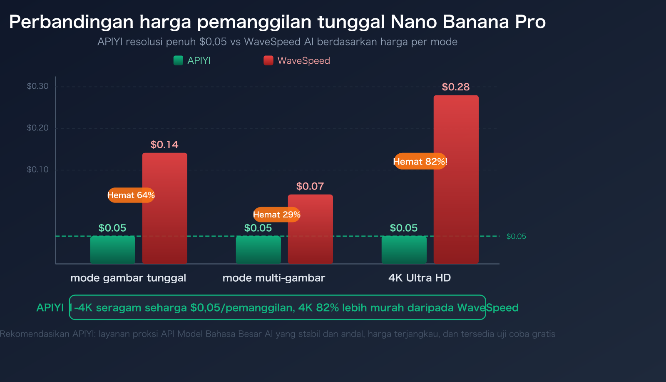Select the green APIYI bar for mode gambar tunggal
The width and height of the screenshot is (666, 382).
112,250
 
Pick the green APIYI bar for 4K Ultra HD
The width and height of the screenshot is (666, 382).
404,250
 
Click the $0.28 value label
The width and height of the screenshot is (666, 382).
455,87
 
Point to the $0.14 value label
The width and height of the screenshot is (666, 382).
164,145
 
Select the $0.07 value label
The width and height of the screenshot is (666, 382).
310,186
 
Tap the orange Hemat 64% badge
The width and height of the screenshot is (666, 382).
131,195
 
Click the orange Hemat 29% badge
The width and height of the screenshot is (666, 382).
276,215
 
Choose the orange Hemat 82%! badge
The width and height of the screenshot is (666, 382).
420,161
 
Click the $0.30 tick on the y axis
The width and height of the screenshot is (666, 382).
37,86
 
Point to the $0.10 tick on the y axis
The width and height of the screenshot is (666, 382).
37,170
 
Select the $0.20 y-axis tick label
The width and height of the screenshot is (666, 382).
37,128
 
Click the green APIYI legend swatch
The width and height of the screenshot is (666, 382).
178,60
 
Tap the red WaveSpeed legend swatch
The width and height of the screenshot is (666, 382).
268,60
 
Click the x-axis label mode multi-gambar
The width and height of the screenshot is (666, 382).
273,278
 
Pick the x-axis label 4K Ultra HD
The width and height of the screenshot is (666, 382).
419,278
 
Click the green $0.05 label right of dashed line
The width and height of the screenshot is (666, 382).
516,237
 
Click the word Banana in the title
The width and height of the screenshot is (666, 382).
476,22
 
